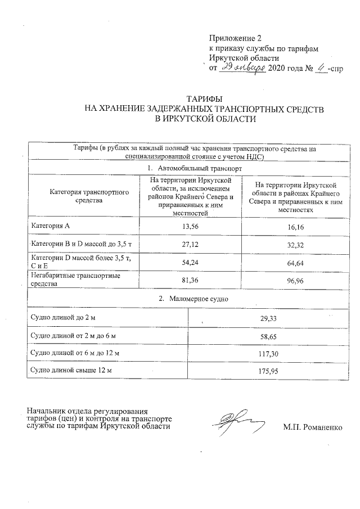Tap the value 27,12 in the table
(190, 244)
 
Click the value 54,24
(190, 262)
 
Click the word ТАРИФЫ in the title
(204, 99)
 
